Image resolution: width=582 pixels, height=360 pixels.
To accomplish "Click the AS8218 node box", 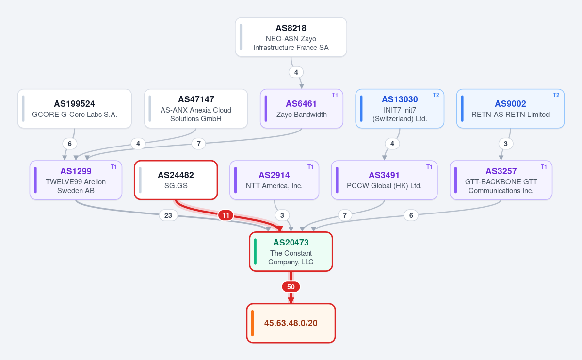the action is click(x=291, y=37).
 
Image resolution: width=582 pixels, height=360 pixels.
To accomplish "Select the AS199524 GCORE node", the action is click(x=75, y=108).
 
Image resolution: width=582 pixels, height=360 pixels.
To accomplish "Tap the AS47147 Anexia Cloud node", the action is click(x=196, y=108).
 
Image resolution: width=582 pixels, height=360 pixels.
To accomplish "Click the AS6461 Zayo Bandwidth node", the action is click(x=301, y=108).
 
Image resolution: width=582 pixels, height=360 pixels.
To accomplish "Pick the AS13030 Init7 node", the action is click(x=400, y=108).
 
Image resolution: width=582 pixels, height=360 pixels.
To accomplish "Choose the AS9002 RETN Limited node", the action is click(x=510, y=108).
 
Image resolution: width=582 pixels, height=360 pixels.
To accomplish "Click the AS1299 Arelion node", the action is click(x=76, y=180).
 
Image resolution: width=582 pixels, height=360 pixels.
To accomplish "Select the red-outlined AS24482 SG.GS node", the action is click(x=176, y=180).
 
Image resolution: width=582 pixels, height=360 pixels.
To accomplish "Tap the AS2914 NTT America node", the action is click(x=274, y=180).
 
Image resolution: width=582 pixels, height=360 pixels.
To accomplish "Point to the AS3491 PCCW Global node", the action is click(x=384, y=180).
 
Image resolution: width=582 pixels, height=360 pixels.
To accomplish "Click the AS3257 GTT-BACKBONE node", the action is click(x=501, y=180).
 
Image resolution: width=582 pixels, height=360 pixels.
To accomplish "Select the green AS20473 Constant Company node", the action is click(x=291, y=252).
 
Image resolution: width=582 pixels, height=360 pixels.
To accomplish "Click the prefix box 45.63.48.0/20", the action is click(x=291, y=323).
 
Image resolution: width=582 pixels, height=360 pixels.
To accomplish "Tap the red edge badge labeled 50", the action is click(x=291, y=287).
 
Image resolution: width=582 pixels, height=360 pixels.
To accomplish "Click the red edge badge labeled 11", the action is click(x=226, y=215).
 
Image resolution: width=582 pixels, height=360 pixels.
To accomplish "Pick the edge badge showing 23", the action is click(x=168, y=215).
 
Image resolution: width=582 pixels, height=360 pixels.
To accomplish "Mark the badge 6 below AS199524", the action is click(x=70, y=144).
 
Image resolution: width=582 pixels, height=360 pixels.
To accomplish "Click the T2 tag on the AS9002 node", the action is click(x=556, y=95).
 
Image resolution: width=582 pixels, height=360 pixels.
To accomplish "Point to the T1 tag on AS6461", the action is click(x=335, y=95).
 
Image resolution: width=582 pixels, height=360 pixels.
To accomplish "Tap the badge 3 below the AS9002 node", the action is click(x=505, y=144).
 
